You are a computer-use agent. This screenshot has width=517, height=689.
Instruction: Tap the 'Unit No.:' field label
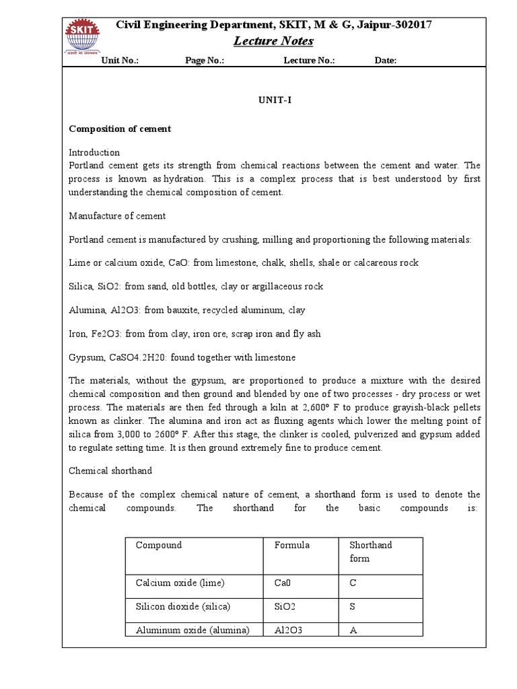[120, 61]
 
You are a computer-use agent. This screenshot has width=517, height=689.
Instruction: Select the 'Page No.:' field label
[204, 61]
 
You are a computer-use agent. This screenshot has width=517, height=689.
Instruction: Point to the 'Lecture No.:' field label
[309, 61]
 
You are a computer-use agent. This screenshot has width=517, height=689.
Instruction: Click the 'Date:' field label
[385, 61]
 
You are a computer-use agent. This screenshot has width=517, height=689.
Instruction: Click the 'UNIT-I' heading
[273, 100]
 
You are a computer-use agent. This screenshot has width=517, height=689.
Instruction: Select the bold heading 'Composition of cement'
[120, 129]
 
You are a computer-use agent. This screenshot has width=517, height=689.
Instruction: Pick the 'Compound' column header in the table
[159, 545]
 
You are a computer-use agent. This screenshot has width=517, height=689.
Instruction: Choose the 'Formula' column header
[292, 545]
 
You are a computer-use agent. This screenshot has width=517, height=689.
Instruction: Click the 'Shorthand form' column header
[370, 551]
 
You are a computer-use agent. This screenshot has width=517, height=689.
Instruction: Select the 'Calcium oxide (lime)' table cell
[180, 583]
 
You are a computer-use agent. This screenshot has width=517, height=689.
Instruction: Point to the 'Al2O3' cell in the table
[289, 630]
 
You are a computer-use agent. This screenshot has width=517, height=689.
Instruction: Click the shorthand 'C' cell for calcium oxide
[352, 583]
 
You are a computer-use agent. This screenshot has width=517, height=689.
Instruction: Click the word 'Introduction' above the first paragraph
[94, 153]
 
